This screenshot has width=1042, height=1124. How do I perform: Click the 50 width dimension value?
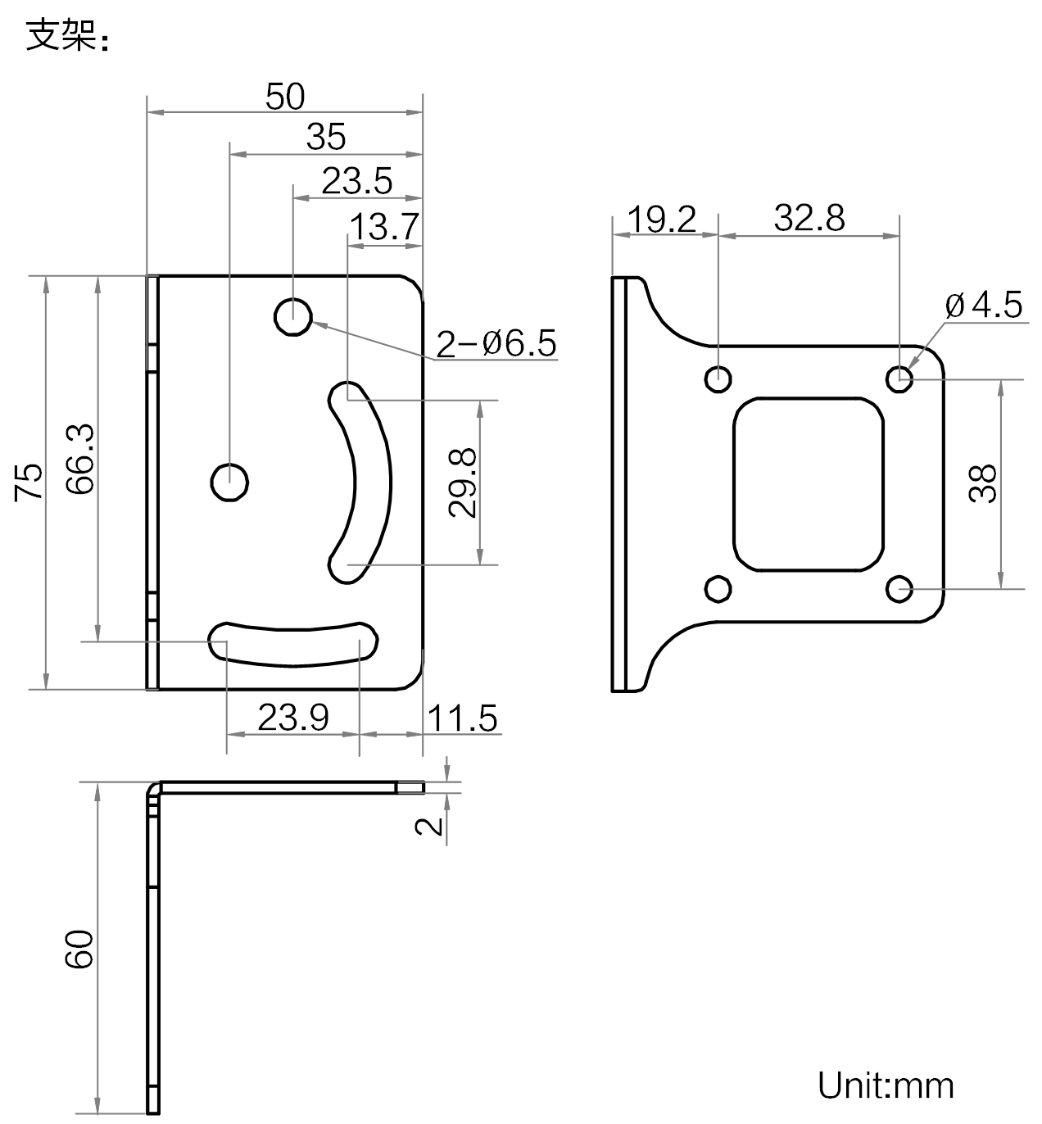[x=285, y=97]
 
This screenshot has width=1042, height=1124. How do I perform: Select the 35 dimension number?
[x=326, y=137]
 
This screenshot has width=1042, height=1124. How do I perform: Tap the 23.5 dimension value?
[x=356, y=181]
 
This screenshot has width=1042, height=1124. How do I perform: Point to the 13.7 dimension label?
[x=384, y=226]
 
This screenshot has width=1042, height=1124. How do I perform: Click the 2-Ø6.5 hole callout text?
[x=496, y=344]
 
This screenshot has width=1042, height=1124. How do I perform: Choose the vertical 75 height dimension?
[x=30, y=482]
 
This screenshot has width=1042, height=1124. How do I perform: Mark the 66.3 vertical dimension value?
[x=80, y=459]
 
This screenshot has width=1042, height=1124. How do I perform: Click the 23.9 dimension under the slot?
[x=292, y=718]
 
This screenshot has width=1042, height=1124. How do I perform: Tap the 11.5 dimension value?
[x=462, y=718]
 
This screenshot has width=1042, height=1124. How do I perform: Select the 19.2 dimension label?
[x=662, y=220]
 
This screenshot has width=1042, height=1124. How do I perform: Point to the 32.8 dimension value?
[x=809, y=219]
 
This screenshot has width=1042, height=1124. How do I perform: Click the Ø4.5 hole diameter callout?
[x=984, y=306]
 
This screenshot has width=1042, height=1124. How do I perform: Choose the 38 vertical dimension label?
[x=983, y=483]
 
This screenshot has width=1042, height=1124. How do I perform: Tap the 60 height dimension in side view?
[x=80, y=950]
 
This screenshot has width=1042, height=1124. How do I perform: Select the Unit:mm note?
[x=886, y=1085]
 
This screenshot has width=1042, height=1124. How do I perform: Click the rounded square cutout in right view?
[x=809, y=483]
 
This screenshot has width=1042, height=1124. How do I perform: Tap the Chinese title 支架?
[x=62, y=35]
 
